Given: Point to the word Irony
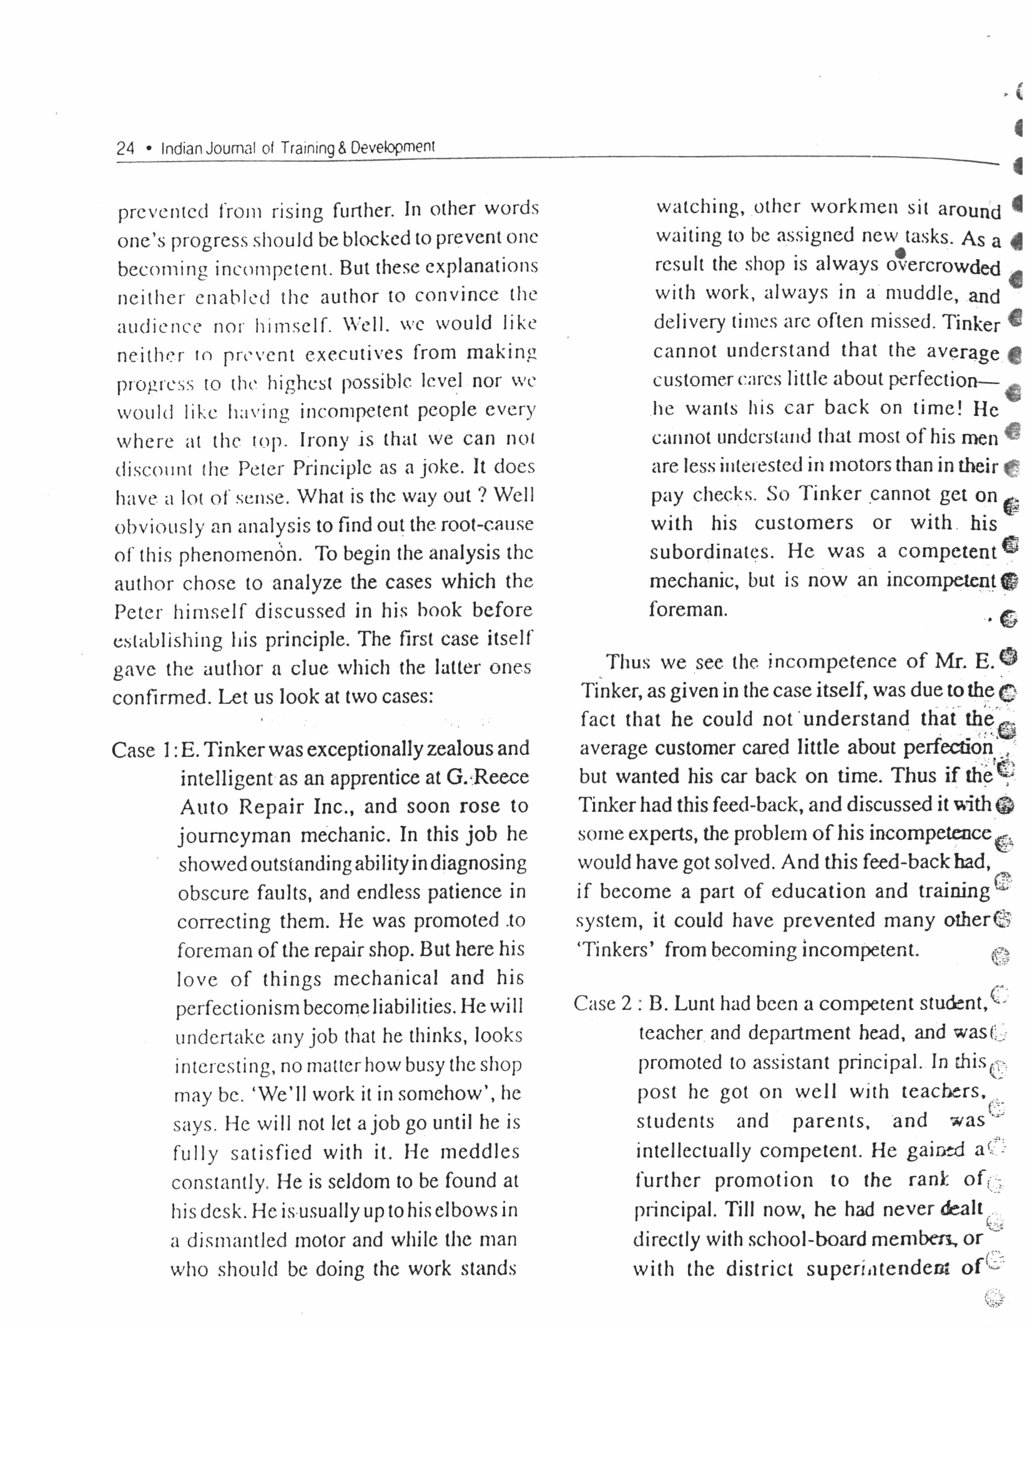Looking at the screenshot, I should (x=324, y=439).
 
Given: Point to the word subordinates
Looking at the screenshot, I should (x=711, y=551).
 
